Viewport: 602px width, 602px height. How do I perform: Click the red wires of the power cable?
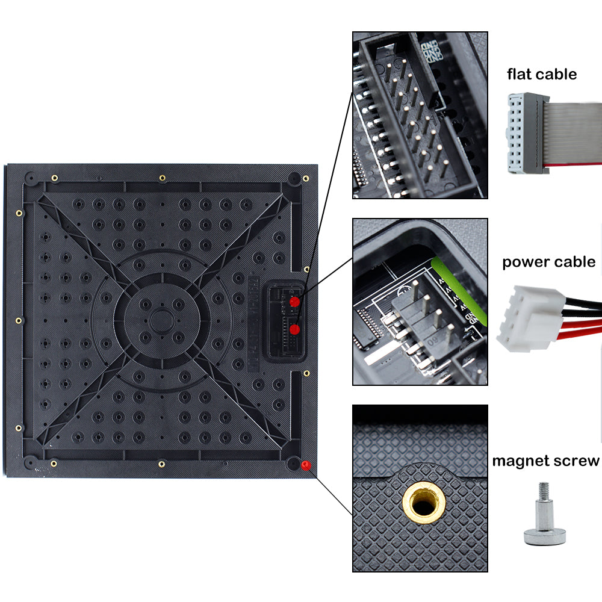click(583, 328)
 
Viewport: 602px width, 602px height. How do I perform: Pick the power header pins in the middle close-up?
click(415, 319)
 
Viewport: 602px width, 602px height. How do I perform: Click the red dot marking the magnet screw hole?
click(305, 465)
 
